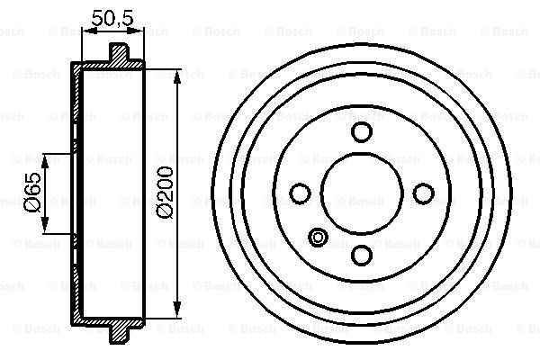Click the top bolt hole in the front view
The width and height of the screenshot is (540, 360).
[361, 133]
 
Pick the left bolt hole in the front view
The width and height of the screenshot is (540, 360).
[301, 193]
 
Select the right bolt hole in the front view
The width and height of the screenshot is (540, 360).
[421, 193]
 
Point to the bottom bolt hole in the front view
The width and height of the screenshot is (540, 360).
[361, 254]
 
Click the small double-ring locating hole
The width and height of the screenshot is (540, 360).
[318, 237]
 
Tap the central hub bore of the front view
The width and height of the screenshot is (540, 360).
[361, 193]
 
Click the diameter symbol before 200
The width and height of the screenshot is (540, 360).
[165, 216]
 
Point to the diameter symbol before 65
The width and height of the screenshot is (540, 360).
[33, 208]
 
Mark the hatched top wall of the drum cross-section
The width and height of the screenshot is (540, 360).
[103, 67]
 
